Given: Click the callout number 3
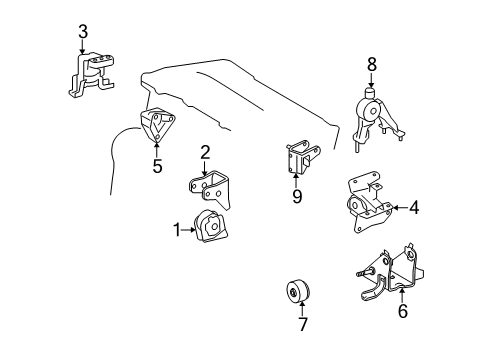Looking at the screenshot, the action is coord(83,32).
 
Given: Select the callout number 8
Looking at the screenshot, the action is coord(372,64).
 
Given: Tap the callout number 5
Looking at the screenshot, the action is coord(157,166).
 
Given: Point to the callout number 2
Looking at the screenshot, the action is coord(205,152).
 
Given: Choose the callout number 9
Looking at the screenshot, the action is coord(297,196).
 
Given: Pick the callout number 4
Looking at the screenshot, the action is coord(414,208).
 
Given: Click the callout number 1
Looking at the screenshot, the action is coord(177,230).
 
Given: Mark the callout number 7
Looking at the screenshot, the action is coord(302,324).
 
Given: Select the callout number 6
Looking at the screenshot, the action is coord(403,311).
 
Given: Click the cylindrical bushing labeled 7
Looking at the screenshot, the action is coord(298,292).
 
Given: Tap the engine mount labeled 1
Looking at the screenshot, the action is coord(211,226).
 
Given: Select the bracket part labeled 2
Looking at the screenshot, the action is coord(210,189).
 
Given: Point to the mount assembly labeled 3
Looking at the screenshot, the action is coord(92,75).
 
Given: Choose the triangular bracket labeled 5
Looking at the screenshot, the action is coord(157,126).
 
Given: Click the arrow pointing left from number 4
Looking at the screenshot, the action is coord(400,208).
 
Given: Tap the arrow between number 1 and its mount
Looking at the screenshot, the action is coord(189,230).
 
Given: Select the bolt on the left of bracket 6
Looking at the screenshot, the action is coord(364,272).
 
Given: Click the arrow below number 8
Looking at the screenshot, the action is coord(372,81).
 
